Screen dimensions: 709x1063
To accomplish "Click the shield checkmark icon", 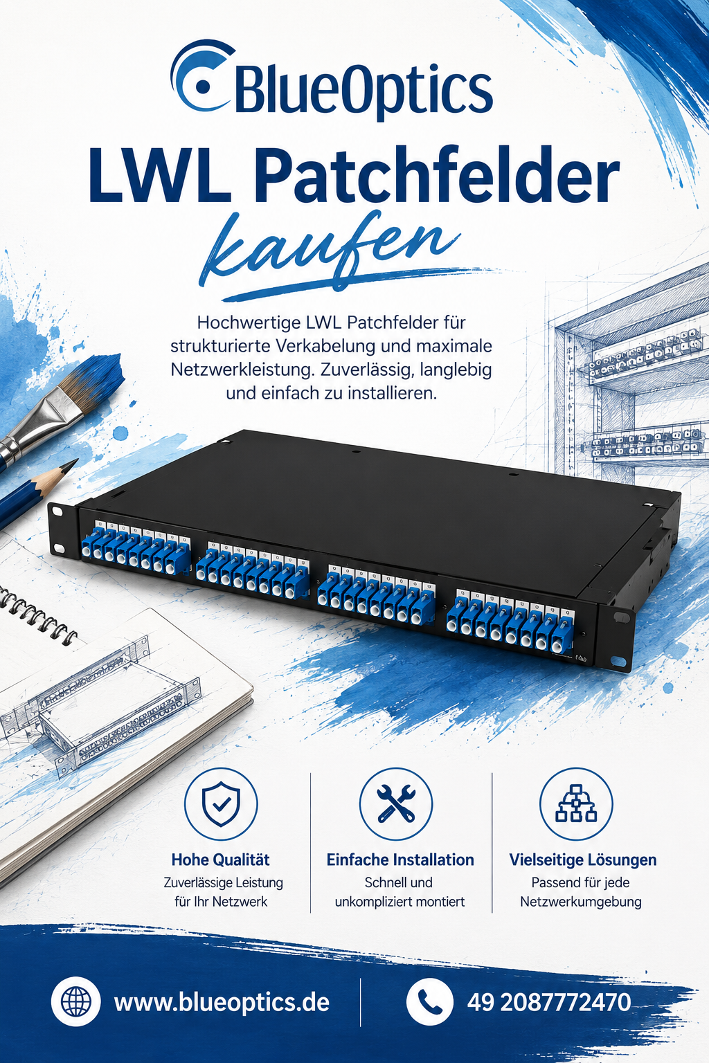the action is click(x=221, y=804).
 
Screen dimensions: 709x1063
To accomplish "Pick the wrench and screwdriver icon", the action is click(x=396, y=804).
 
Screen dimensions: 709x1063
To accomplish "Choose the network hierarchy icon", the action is click(x=576, y=804).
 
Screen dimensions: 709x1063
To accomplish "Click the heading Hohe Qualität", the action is click(x=220, y=860).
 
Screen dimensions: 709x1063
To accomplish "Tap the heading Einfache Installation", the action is click(x=400, y=860).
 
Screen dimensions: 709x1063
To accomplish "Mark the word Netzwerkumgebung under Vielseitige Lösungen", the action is click(x=580, y=902).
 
